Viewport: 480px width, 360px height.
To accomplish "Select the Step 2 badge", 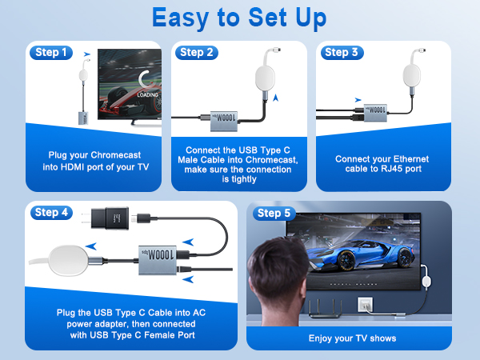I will [x=198, y=53].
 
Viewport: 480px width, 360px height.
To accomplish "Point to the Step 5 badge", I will [x=274, y=213].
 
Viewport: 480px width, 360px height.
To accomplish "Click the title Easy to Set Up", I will [x=239, y=18].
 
